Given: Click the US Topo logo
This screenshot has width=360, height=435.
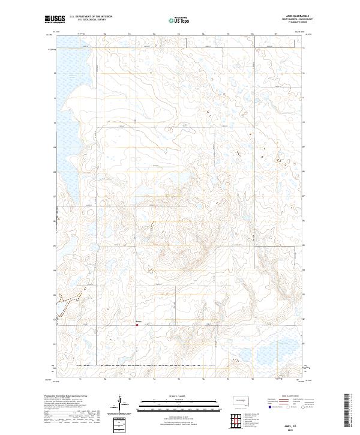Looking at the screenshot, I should click(180, 20).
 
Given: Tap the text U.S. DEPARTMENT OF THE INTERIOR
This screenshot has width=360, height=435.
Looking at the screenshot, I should click(91, 16).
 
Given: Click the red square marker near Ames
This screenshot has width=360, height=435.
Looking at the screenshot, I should click(137, 326).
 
